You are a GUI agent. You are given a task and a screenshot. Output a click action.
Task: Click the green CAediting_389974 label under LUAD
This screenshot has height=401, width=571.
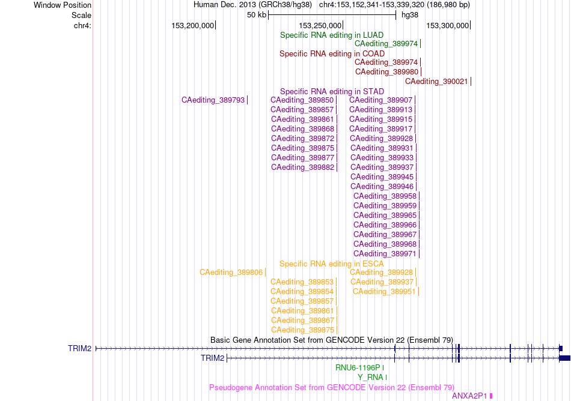click(386, 44)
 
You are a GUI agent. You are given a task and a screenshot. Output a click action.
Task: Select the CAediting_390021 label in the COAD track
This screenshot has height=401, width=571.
click(436, 82)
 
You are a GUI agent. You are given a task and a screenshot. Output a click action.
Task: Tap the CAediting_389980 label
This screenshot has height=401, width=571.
click(386, 72)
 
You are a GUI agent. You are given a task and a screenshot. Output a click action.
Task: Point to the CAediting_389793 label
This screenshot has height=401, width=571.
click(213, 100)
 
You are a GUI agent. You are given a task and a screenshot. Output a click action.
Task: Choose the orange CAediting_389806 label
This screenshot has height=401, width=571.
click(231, 273)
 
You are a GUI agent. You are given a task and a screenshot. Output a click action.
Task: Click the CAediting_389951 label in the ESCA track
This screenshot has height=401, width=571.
click(384, 292)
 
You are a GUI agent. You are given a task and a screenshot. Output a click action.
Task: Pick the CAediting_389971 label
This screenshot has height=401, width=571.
click(385, 254)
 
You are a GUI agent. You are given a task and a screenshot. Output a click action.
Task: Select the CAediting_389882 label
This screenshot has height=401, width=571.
click(302, 167)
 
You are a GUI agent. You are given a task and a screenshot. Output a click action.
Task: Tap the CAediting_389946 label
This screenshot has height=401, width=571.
click(382, 187)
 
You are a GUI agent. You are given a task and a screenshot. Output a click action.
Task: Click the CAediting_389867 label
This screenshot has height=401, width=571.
click(302, 321)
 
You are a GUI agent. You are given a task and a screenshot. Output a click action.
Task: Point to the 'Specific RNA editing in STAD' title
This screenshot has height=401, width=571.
click(332, 92)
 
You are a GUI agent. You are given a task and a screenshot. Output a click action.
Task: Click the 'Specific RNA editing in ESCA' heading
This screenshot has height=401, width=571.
click(332, 264)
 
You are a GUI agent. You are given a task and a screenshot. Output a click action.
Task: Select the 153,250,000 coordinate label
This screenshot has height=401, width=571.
click(320, 26)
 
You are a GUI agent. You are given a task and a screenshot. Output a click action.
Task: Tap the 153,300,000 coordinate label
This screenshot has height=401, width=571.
click(448, 26)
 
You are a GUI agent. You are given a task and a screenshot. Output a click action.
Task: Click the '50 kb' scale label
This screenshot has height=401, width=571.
click(257, 15)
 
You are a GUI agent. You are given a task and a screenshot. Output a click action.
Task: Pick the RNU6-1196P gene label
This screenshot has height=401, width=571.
click(358, 368)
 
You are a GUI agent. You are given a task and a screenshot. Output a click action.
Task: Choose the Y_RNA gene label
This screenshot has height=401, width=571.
click(370, 378)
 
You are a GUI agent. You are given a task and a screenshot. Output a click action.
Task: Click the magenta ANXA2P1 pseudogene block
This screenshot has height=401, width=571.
click(491, 396)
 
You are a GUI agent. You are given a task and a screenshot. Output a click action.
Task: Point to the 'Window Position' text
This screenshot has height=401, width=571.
click(63, 5)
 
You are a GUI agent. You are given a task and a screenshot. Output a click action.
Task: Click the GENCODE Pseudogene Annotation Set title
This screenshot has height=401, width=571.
click(332, 388)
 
